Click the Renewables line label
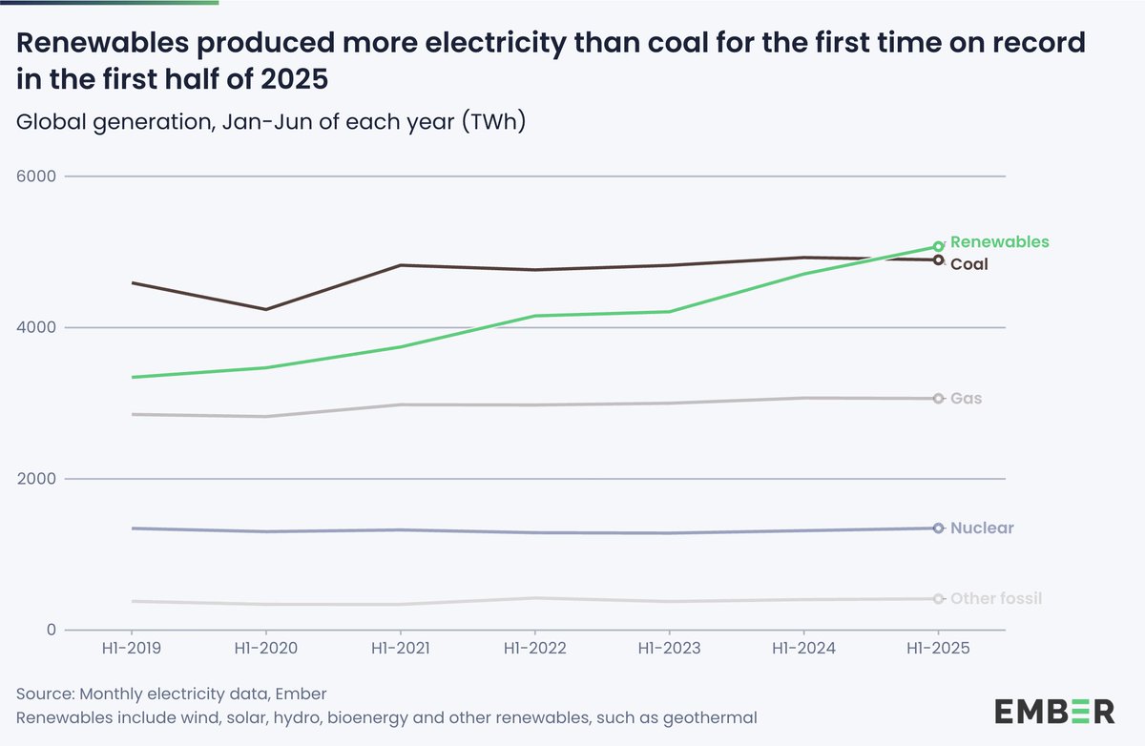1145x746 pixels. tap(999, 242)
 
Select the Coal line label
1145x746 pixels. tap(968, 264)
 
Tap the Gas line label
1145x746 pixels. tap(966, 399)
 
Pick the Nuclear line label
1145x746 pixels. tap(982, 528)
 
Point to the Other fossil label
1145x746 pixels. tap(996, 599)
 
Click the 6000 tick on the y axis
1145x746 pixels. tap(37, 176)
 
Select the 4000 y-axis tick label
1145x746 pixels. tap(37, 327)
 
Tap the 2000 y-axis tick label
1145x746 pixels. tap(37, 479)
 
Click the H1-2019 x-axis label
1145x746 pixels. tap(131, 649)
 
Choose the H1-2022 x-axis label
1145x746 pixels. tap(534, 649)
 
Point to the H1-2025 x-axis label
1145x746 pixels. tap(938, 649)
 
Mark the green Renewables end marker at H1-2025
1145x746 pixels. tap(938, 246)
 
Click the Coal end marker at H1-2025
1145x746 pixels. tap(938, 259)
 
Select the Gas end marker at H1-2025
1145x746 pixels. tap(938, 399)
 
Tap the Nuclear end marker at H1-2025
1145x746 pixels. tap(938, 528)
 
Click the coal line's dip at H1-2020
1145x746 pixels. tap(266, 309)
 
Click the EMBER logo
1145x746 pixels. tap(1053, 712)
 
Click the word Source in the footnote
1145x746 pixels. tap(45, 693)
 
